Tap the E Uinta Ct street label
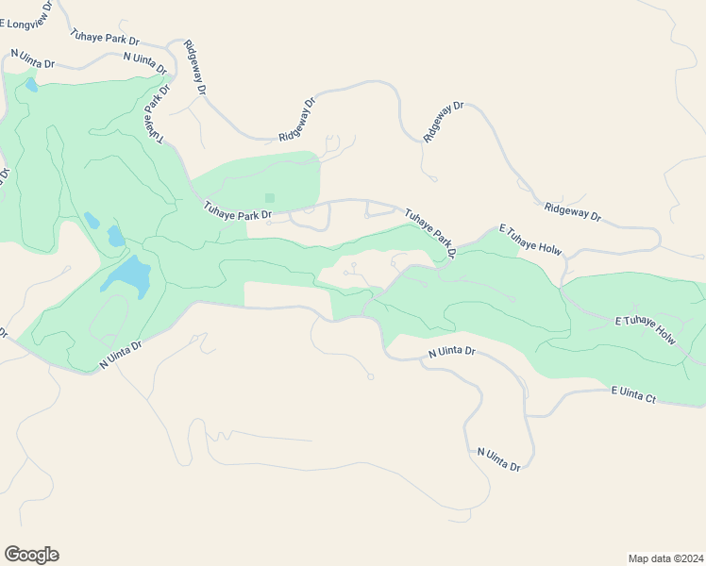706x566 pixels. tap(633, 394)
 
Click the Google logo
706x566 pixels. tap(31, 555)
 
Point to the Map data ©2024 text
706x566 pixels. tap(665, 558)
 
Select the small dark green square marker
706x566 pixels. tap(269, 198)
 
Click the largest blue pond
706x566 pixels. tap(126, 275)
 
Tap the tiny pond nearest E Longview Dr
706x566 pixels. tap(31, 85)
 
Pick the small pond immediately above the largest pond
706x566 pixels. tap(115, 236)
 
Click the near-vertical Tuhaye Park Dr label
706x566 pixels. tap(156, 114)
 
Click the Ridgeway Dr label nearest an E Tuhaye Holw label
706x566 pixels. tap(573, 211)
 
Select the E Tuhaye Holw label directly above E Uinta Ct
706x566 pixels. tap(646, 329)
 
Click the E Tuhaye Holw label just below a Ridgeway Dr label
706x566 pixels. tap(529, 240)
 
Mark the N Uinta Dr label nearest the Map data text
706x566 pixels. tap(498, 459)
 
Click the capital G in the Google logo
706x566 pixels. tap(12, 554)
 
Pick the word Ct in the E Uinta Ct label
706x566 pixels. tap(648, 397)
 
